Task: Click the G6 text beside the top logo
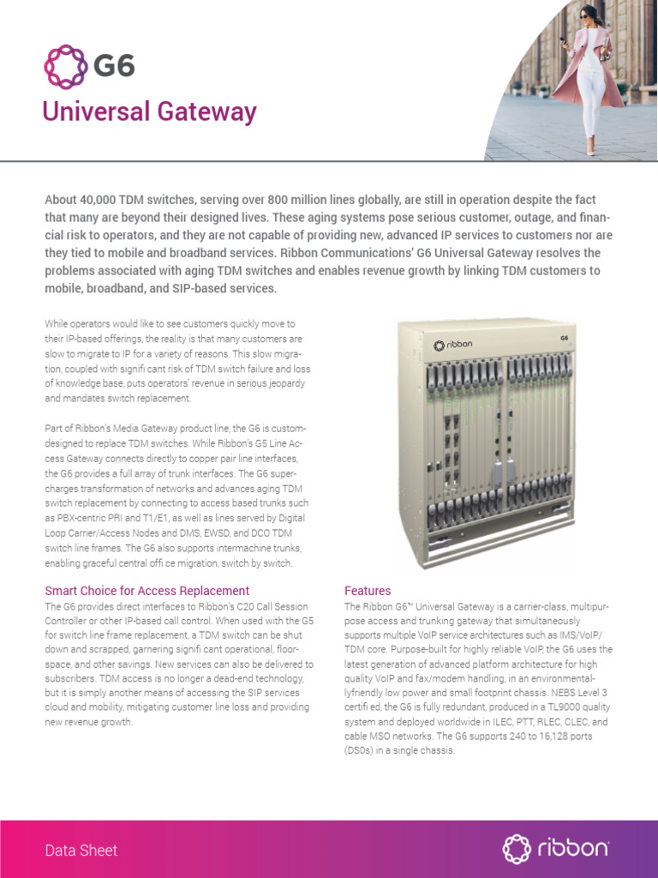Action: [x=113, y=65]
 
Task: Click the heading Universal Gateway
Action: [x=150, y=111]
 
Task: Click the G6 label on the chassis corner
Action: [x=564, y=339]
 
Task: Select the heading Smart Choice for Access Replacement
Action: [x=147, y=591]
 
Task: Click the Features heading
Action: [x=368, y=591]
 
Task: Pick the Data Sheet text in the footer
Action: [x=81, y=851]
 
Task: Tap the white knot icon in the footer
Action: [x=517, y=849]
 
